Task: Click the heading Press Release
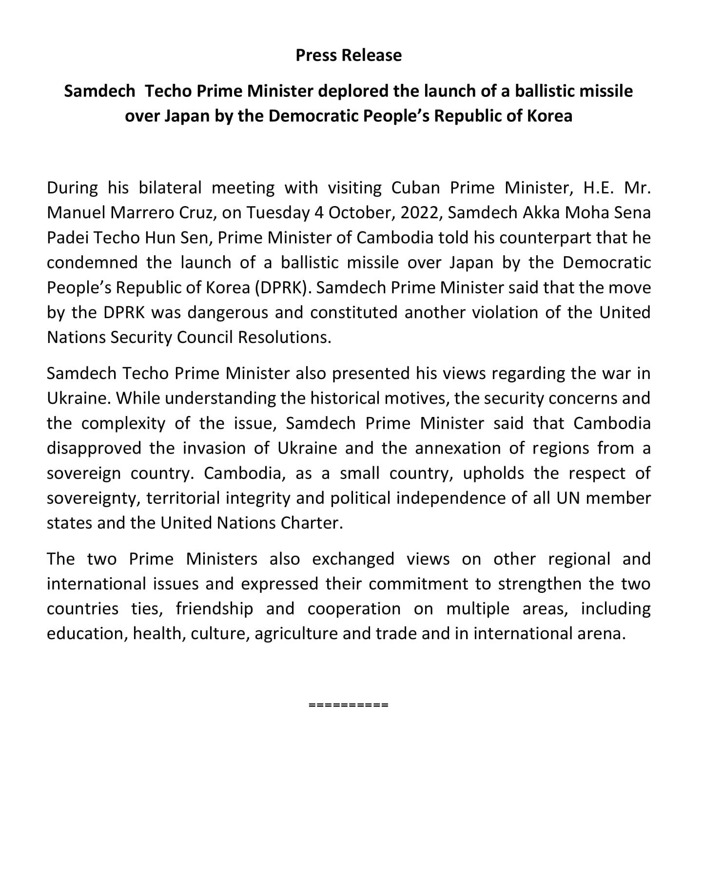(349, 55)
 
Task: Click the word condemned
(93, 263)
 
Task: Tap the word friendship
(215, 608)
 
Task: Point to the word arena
(601, 633)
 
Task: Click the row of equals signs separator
(349, 704)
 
